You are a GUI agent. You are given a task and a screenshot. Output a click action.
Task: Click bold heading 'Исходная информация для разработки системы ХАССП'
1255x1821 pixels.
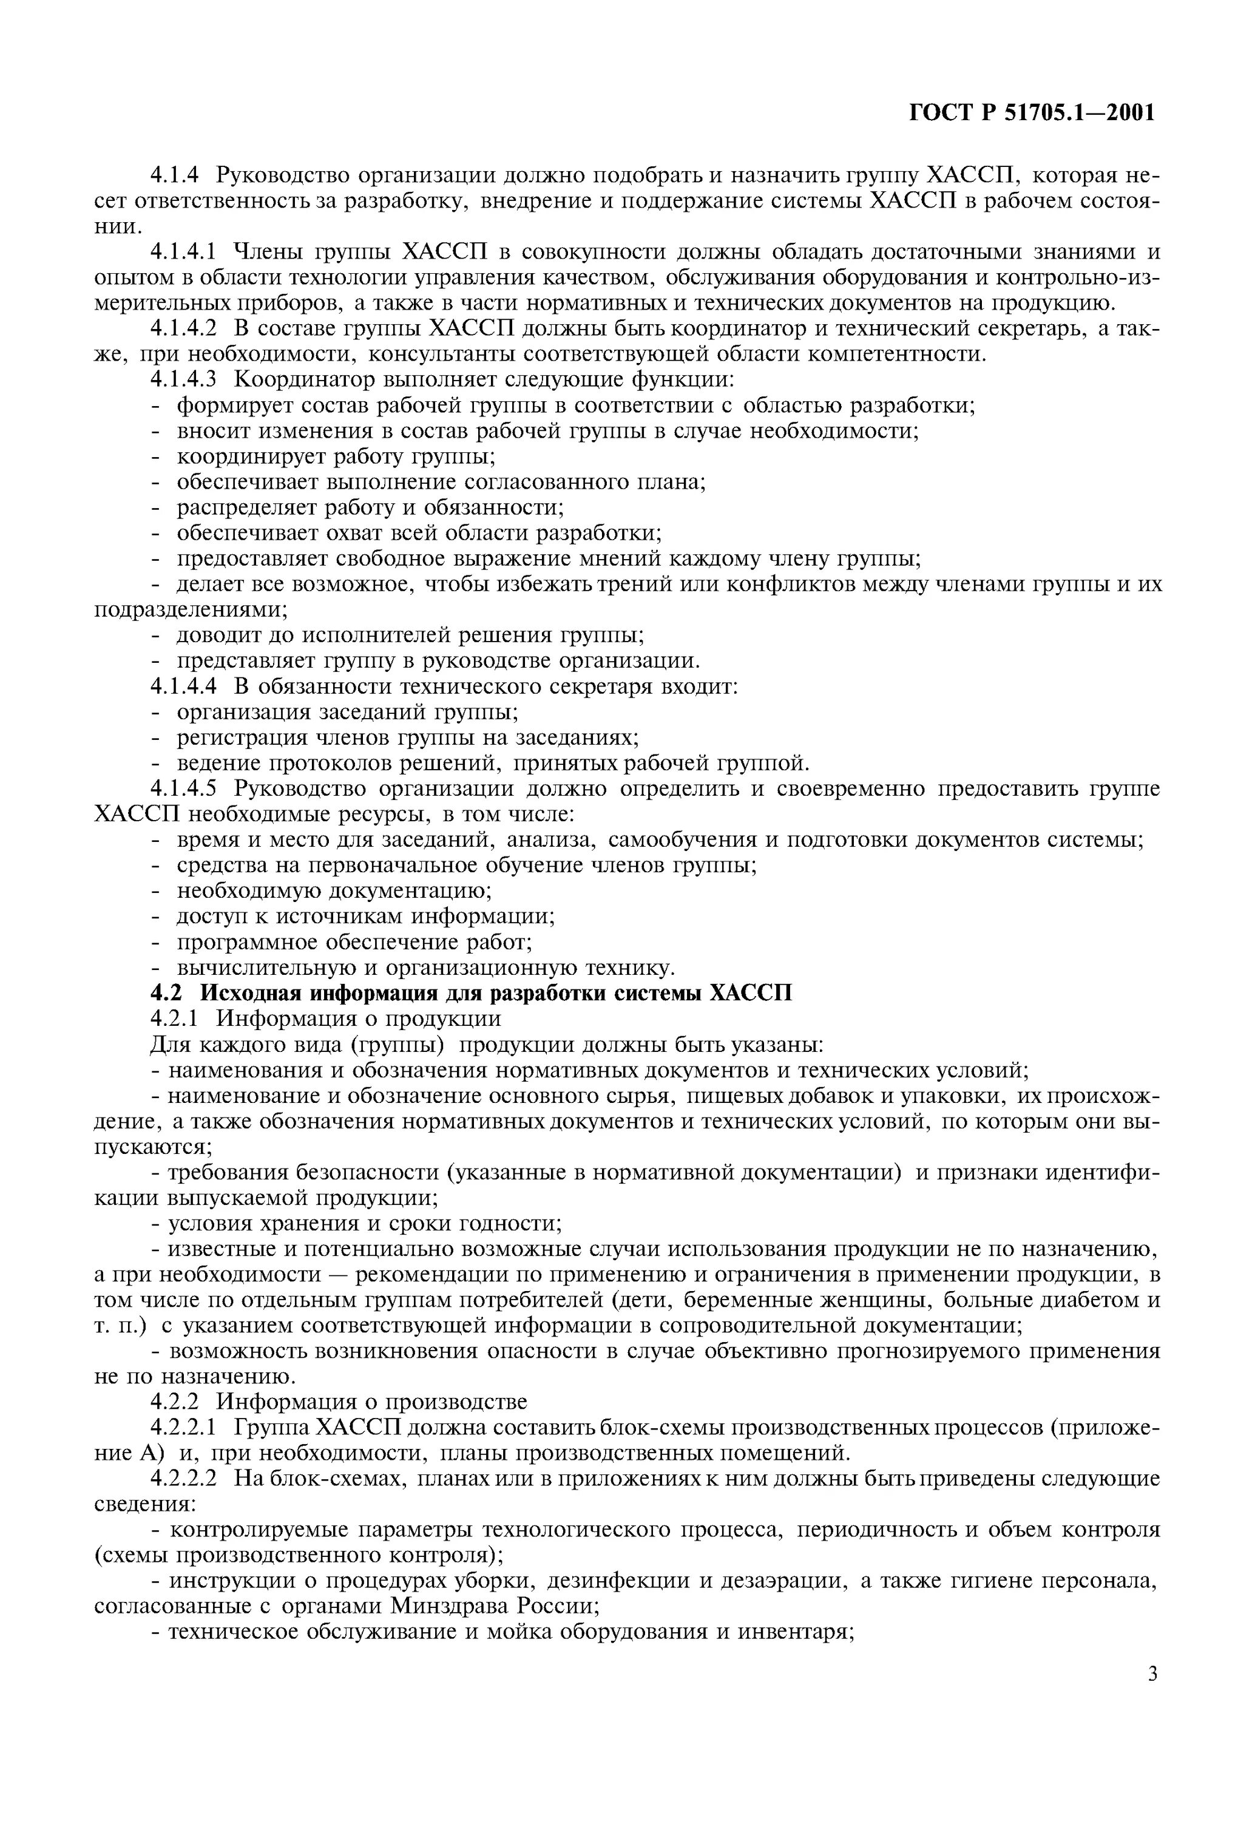pyautogui.click(x=495, y=993)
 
